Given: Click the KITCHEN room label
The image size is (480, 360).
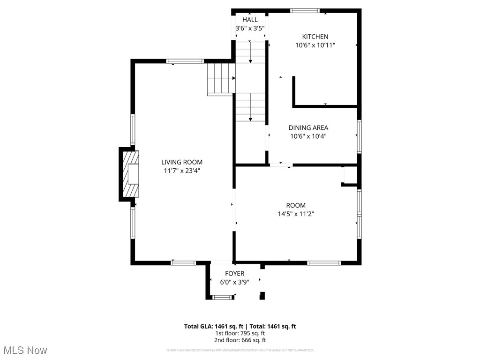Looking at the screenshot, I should (x=315, y=37).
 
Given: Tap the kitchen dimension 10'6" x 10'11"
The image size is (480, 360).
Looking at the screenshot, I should (x=315, y=45).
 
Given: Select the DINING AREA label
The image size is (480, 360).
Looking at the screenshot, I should (x=308, y=127).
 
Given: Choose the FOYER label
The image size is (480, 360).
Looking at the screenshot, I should (x=234, y=274).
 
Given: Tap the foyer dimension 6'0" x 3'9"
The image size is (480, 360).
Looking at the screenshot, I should (x=234, y=282).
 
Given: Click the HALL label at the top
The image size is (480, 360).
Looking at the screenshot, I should (x=250, y=20).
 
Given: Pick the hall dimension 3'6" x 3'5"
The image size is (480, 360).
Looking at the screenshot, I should (x=250, y=28).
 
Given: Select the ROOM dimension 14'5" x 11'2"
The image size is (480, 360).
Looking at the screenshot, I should (x=295, y=214).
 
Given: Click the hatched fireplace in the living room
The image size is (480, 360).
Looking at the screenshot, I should (x=131, y=174).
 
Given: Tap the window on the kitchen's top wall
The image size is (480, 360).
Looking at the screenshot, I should (x=305, y=10).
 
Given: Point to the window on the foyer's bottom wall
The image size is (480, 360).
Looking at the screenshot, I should (x=223, y=297).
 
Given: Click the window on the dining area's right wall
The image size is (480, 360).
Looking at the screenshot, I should (x=359, y=136).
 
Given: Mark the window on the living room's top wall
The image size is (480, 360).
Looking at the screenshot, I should (x=185, y=61).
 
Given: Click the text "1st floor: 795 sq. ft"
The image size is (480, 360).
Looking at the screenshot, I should (x=240, y=333).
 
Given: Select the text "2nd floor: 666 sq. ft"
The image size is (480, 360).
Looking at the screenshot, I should (x=240, y=340).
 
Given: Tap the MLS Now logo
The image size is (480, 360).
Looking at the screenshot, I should (x=25, y=350).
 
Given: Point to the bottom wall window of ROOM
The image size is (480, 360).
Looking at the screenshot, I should (x=324, y=263).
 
